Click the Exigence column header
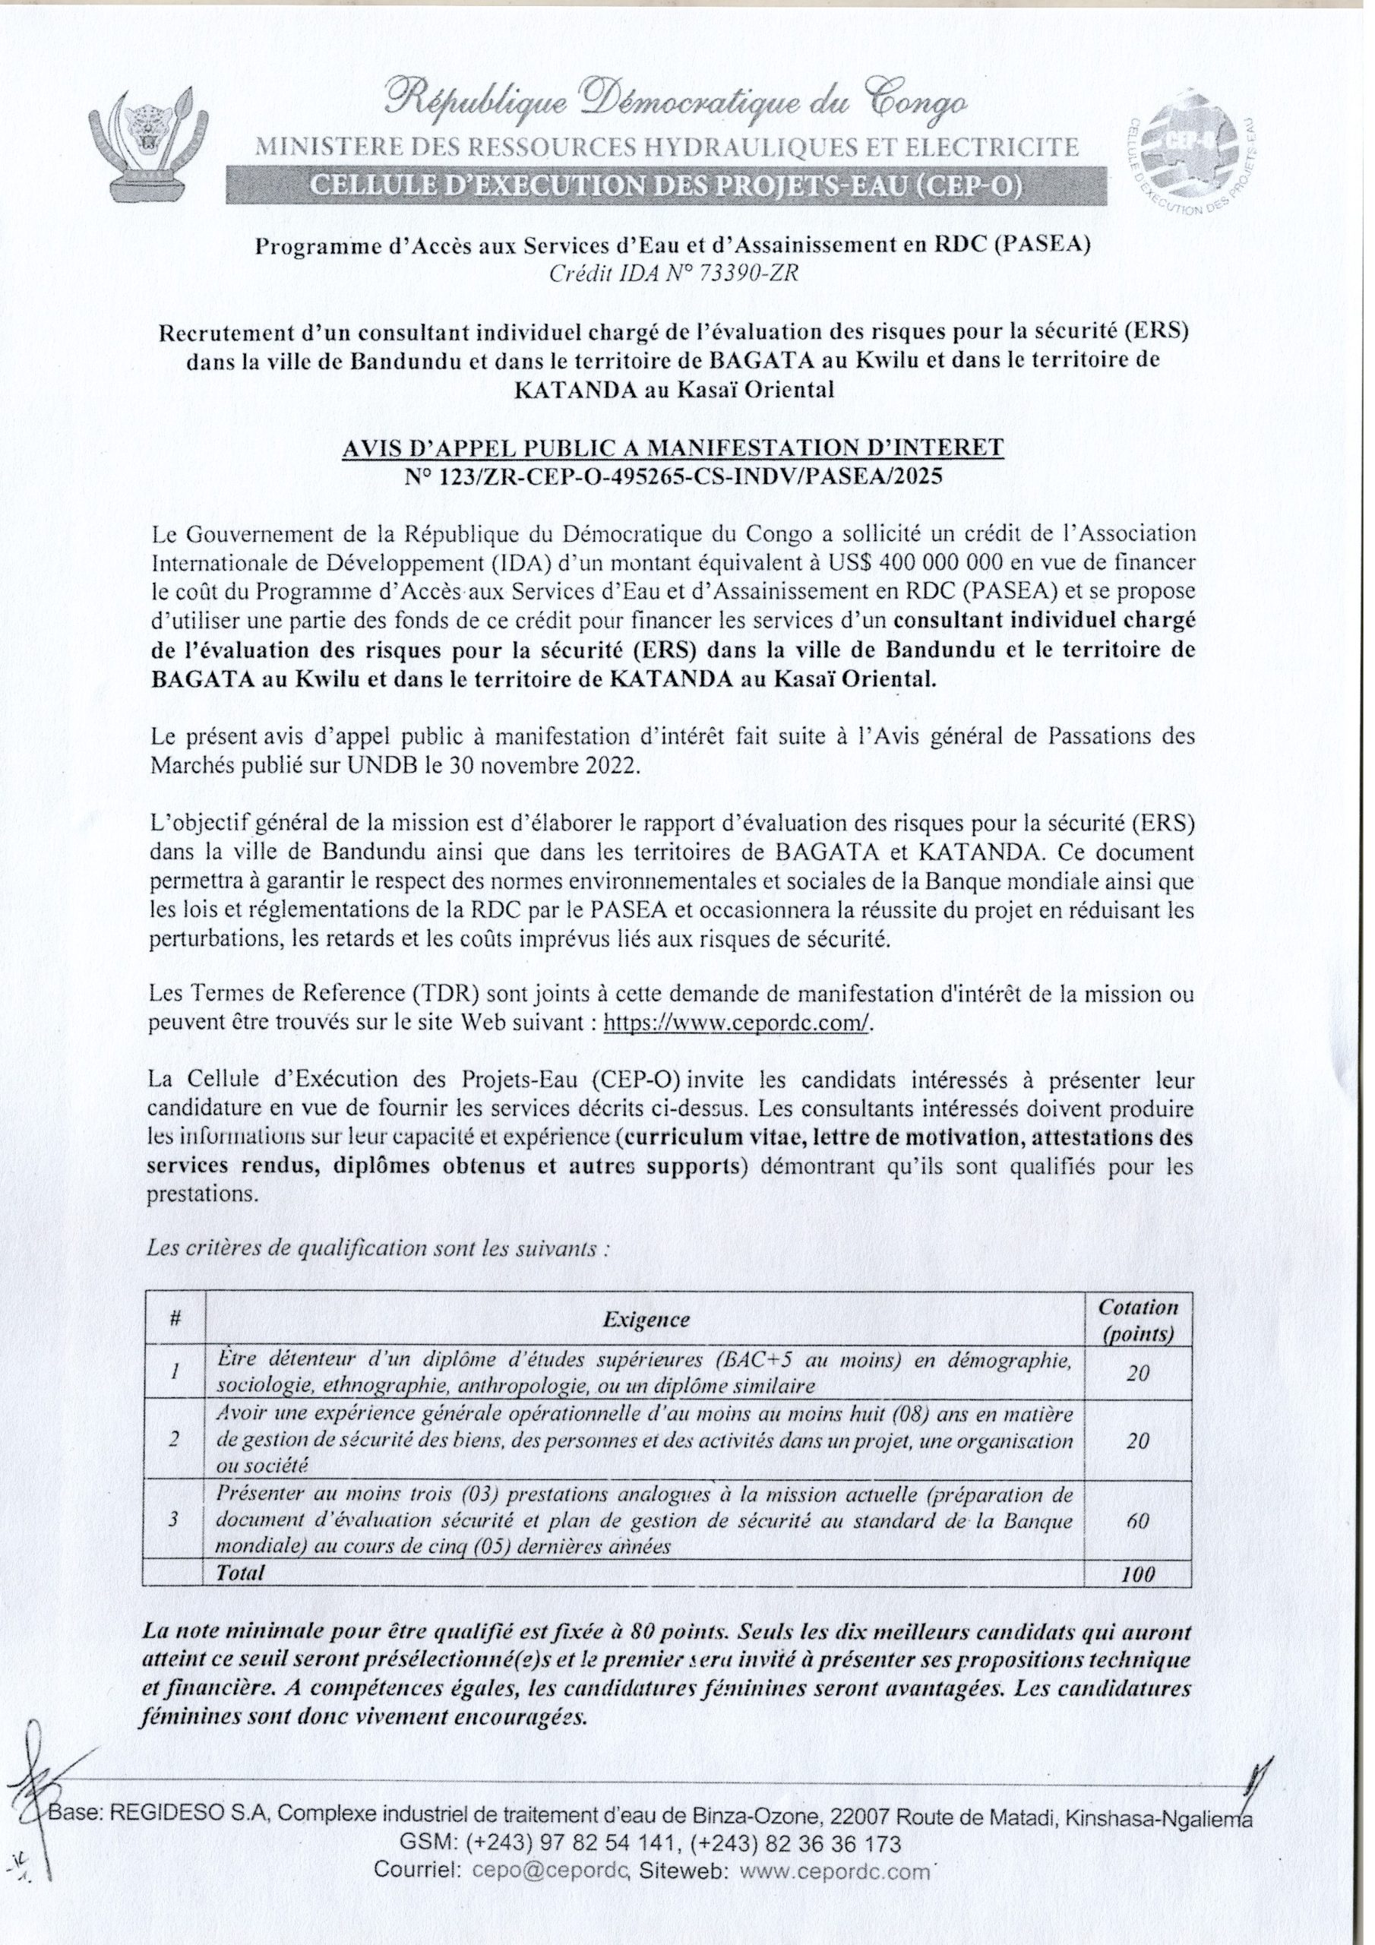646,1320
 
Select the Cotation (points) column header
1138,1320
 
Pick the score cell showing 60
1138,1520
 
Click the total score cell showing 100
1138,1575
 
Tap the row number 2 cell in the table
173,1439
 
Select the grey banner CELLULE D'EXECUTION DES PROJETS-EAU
666,185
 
